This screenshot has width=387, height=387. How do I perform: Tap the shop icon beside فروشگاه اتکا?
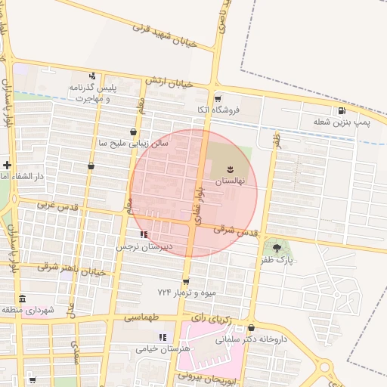(x=218, y=98)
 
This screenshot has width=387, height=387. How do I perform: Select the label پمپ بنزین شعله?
(x=342, y=122)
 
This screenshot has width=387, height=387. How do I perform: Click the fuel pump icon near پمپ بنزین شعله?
(x=342, y=110)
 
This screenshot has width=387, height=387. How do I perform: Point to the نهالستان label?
(x=231, y=182)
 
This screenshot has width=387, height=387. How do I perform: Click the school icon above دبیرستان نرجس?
(x=144, y=235)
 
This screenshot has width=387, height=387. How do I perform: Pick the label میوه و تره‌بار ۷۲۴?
(x=187, y=292)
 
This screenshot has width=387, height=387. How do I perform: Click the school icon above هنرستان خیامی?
(x=161, y=337)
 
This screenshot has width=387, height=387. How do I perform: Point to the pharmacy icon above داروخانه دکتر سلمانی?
(x=251, y=328)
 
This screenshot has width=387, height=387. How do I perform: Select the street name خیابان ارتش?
(x=184, y=84)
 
